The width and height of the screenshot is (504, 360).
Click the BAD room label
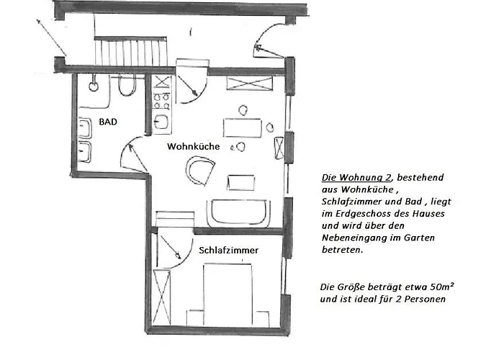[x=108, y=122]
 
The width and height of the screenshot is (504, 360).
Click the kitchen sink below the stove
[x=161, y=120]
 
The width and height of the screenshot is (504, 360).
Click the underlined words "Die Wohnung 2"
[x=348, y=176]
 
